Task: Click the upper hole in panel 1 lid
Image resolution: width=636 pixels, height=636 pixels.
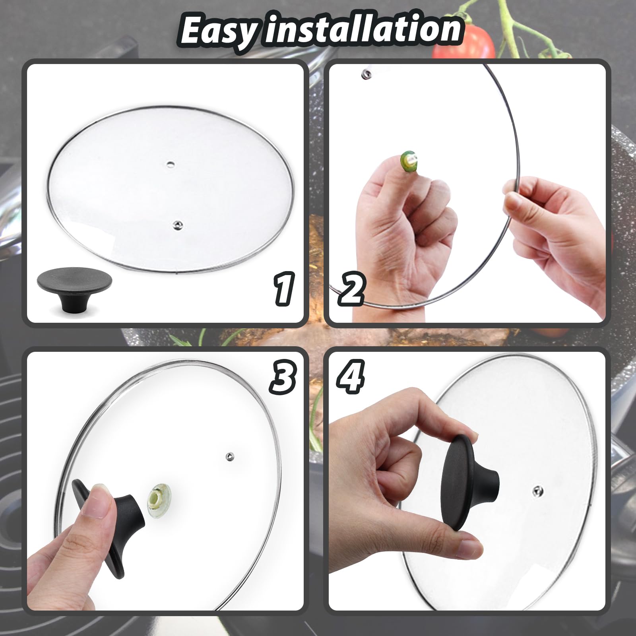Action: tap(171, 164)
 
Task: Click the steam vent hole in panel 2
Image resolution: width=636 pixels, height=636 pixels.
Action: tap(366, 74)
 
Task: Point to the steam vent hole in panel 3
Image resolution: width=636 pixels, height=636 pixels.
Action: tap(229, 456)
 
